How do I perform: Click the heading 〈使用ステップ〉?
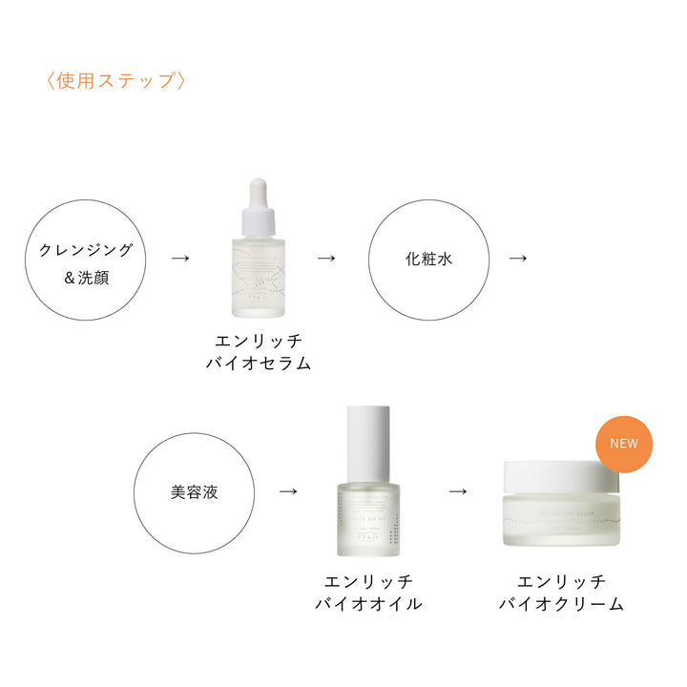114,80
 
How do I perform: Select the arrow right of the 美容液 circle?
287,491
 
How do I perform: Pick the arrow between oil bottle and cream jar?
457,491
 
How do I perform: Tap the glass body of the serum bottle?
258,281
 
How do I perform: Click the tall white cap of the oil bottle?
367,441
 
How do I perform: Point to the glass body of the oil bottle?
368,521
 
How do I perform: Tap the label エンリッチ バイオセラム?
258,351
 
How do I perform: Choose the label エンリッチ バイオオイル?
368,593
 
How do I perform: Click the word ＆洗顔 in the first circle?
85,281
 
